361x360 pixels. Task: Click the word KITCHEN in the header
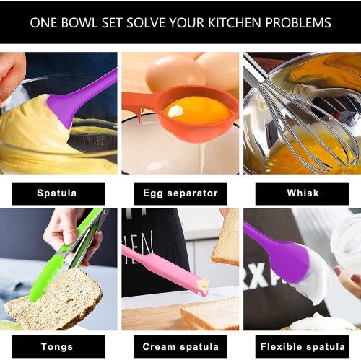point(235,23)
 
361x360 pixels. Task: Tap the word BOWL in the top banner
point(79,23)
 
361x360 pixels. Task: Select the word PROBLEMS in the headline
point(298,23)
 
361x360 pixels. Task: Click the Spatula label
point(57,193)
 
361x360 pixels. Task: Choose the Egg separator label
point(180,193)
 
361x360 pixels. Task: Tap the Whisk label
point(303,193)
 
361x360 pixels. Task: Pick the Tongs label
point(57,347)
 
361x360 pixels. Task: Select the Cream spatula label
point(180,347)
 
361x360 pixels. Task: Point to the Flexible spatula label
point(303,347)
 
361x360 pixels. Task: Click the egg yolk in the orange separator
point(197,110)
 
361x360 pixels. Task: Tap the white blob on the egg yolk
point(175,111)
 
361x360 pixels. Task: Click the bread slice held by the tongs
point(54,299)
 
